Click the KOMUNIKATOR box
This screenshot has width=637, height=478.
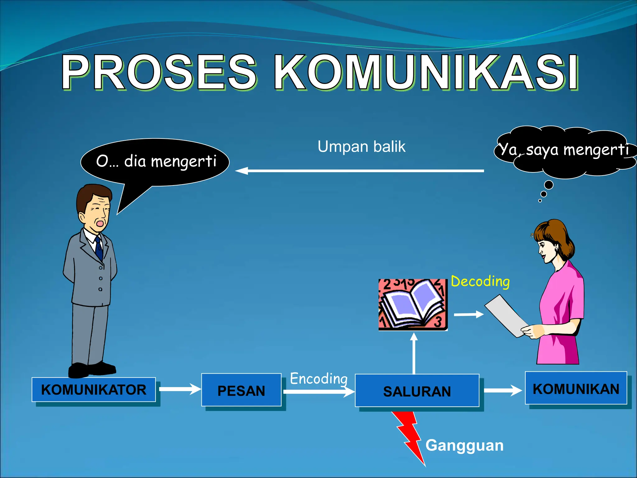point(94,390)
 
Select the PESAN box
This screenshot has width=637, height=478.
point(241,390)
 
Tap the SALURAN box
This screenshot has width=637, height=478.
point(417,391)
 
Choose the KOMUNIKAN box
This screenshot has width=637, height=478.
point(576,388)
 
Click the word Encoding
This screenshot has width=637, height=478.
point(319,379)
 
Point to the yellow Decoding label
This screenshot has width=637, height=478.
point(480,281)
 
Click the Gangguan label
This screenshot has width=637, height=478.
point(464,445)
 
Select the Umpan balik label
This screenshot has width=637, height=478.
point(361,146)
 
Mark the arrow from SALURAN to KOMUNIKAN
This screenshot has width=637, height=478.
point(503,390)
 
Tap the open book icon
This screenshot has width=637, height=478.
point(413,305)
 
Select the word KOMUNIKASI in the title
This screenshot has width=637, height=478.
point(426,72)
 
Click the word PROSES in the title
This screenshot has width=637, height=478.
point(159,72)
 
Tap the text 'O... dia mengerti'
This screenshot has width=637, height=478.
point(156,161)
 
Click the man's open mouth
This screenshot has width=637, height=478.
point(100,223)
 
